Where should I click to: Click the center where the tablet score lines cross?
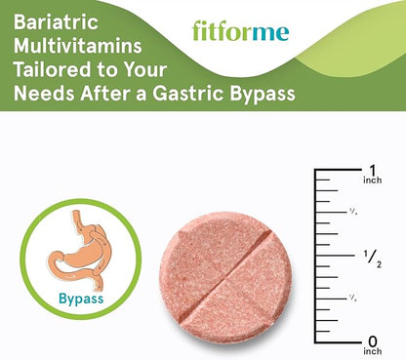tap(225, 274)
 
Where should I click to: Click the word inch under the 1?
tap(372, 180)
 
